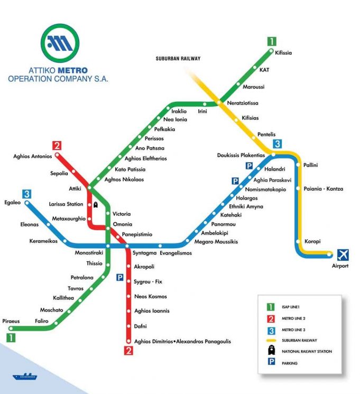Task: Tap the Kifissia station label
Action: pos(283,53)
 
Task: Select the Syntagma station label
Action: pos(144,254)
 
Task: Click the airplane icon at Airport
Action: pos(343,255)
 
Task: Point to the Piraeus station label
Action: pos(11,321)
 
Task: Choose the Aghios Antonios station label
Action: pos(33,156)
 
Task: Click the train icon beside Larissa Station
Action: pos(96,204)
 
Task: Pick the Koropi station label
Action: pos(313,242)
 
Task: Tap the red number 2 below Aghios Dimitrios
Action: pos(128,350)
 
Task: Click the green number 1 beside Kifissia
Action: pos(272,42)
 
